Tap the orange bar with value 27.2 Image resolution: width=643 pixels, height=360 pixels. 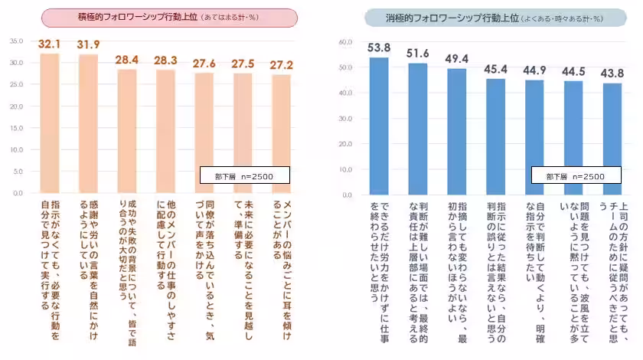[282, 135]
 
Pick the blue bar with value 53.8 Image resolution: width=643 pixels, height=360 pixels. [379, 126]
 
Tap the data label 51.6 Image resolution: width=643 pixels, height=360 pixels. [418, 54]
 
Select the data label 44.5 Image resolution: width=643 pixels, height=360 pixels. [573, 71]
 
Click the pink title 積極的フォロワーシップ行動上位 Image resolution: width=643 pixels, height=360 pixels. [168, 18]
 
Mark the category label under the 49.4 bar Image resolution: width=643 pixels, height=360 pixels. [457, 244]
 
